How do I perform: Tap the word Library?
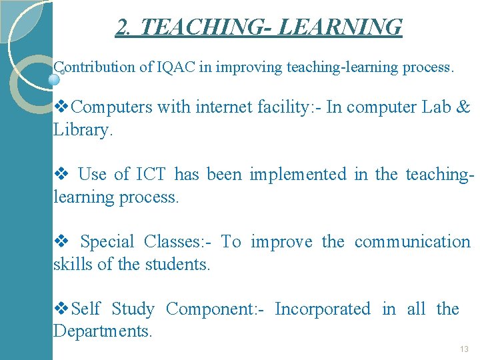point(83,130)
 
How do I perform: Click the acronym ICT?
point(151,175)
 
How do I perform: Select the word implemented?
point(297,175)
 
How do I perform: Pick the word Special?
point(107,241)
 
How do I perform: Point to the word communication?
point(412,241)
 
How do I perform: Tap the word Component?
point(215,309)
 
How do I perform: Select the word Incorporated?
point(322,309)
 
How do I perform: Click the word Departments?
point(103,331)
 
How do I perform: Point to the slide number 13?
point(464,349)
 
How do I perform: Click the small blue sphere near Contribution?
point(55,79)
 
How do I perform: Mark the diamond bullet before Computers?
point(61,107)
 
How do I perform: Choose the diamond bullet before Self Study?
point(61,309)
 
